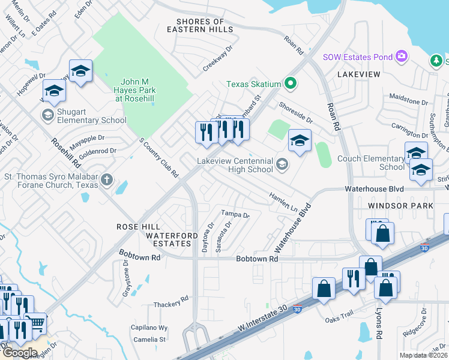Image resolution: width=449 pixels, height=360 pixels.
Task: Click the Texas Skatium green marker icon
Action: pyautogui.click(x=291, y=83)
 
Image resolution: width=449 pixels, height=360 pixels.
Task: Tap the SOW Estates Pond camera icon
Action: pyautogui.click(x=402, y=57)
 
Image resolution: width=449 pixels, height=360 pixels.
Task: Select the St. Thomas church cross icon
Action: pyautogui.click(x=106, y=179)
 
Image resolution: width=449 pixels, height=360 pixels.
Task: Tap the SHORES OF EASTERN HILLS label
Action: pyautogui.click(x=200, y=26)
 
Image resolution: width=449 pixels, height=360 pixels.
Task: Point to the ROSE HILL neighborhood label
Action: pyautogui.click(x=138, y=227)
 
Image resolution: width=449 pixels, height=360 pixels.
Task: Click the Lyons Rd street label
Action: pyautogui.click(x=378, y=326)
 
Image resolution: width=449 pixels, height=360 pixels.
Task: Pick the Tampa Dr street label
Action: pyautogui.click(x=235, y=214)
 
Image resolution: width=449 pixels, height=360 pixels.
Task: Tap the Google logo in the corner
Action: pyautogui.click(x=20, y=352)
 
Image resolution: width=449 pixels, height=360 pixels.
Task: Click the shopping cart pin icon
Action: pyautogui.click(x=37, y=324)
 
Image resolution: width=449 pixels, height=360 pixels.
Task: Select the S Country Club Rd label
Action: pyautogui.click(x=159, y=158)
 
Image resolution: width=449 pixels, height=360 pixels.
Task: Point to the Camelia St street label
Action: pyautogui.click(x=149, y=340)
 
